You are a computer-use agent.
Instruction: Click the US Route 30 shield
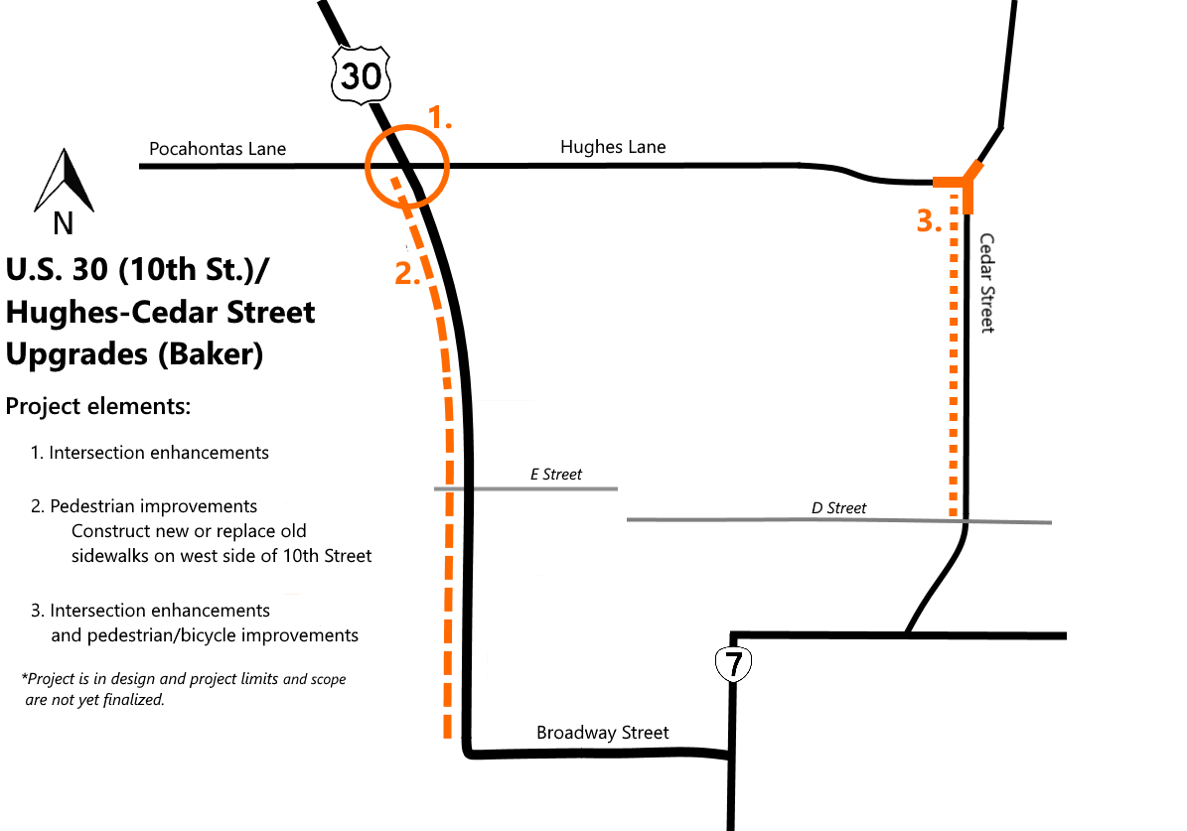click(361, 74)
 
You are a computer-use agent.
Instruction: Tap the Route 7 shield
click(733, 664)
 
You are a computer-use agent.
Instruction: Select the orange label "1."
click(439, 119)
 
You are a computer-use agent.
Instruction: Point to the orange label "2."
click(407, 275)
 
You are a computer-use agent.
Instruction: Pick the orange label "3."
click(928, 222)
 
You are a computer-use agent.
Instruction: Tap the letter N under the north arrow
click(63, 224)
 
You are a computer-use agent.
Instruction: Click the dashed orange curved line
click(449, 496)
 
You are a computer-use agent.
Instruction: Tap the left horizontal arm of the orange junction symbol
click(946, 183)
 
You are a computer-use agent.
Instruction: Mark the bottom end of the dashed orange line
click(447, 736)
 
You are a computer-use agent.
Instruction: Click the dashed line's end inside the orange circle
click(393, 180)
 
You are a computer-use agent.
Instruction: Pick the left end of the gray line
click(628, 519)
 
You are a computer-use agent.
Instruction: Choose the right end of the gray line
click(1050, 522)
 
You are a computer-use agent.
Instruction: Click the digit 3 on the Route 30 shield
click(350, 75)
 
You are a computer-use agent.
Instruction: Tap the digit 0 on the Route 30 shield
click(371, 75)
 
